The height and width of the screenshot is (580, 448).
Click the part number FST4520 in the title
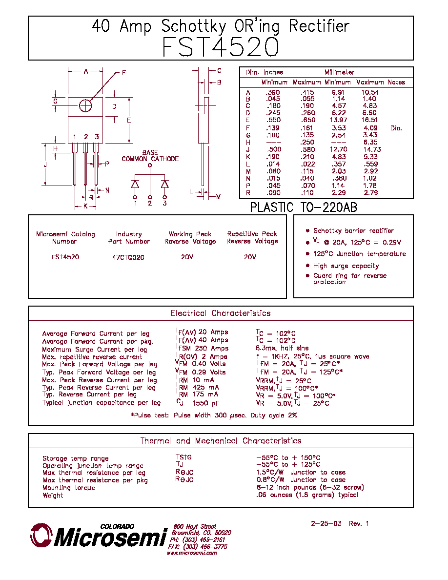pyautogui.click(x=221, y=47)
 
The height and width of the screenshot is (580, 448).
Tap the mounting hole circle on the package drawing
pyautogui.click(x=85, y=106)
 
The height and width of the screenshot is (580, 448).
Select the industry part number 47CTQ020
pyautogui.click(x=128, y=257)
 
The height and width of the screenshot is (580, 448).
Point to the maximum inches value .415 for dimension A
pyautogui.click(x=307, y=92)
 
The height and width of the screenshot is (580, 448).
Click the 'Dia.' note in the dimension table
pyautogui.click(x=396, y=128)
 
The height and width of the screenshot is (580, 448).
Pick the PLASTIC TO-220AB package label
pyautogui.click(x=304, y=207)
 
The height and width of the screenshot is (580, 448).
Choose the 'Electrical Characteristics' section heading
pyautogui.click(x=221, y=313)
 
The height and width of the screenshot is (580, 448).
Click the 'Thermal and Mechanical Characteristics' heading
pyautogui.click(x=221, y=441)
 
